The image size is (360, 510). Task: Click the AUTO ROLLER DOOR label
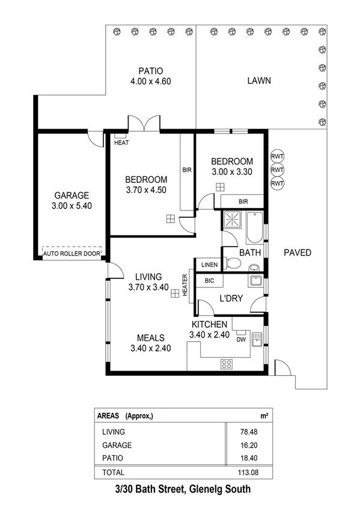pyautogui.click(x=72, y=254)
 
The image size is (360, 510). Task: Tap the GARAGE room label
pyautogui.click(x=72, y=195)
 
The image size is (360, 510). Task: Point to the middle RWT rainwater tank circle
pyautogui.click(x=277, y=170)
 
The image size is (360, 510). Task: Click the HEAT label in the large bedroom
pyautogui.click(x=121, y=143)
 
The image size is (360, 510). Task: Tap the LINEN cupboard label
pyautogui.click(x=209, y=265)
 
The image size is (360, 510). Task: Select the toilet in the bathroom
pyautogui.click(x=232, y=263)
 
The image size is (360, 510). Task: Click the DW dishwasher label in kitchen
pyautogui.click(x=241, y=340)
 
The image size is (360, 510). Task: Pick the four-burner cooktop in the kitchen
pyautogui.click(x=227, y=363)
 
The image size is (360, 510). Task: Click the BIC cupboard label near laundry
pyautogui.click(x=210, y=281)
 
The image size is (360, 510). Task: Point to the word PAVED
pyautogui.click(x=297, y=253)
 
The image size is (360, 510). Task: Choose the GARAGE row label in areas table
pyautogui.click(x=117, y=446)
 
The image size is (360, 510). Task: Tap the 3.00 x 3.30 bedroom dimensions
pyautogui.click(x=231, y=172)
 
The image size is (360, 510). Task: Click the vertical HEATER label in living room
pyautogui.click(x=185, y=284)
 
